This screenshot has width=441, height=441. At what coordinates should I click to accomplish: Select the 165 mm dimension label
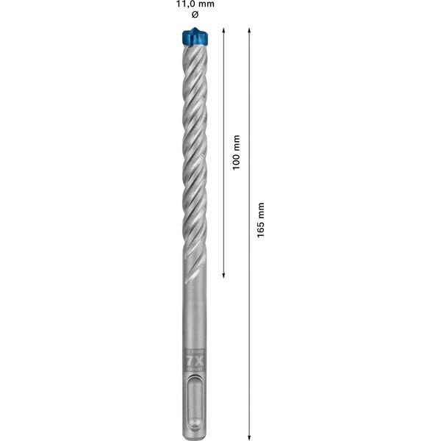point(261,221)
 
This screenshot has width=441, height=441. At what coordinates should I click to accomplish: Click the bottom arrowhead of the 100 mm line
point(223,276)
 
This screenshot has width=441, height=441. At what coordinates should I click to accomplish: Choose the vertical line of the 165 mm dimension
point(250,331)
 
